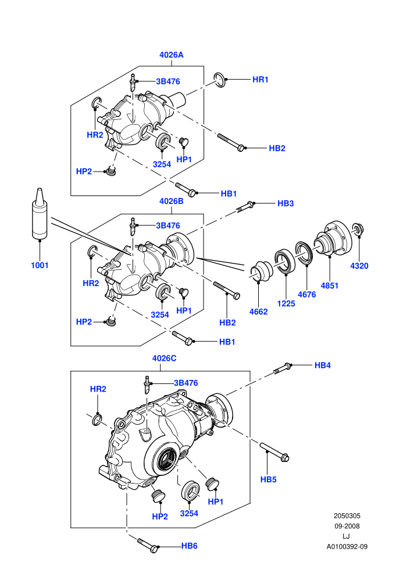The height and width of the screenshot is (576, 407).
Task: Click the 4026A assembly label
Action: click(x=171, y=55)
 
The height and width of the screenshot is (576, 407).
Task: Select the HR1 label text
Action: click(x=260, y=79)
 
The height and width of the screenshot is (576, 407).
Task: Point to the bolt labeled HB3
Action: click(x=245, y=207)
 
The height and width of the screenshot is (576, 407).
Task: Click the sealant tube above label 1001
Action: click(x=40, y=215)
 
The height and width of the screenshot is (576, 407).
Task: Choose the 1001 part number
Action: click(x=40, y=265)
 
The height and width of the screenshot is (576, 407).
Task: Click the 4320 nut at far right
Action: click(x=358, y=229)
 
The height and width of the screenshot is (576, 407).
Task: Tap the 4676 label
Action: click(x=307, y=294)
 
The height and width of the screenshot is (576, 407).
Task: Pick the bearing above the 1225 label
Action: click(x=285, y=262)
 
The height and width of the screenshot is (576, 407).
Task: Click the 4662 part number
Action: click(x=258, y=311)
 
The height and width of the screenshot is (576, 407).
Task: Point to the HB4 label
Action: click(x=323, y=365)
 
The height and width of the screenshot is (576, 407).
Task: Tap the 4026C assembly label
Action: click(x=165, y=358)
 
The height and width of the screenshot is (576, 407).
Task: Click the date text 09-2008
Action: click(x=347, y=526)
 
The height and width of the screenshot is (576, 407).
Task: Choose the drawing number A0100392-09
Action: click(x=347, y=546)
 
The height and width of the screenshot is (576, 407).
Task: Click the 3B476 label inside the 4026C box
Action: click(x=185, y=383)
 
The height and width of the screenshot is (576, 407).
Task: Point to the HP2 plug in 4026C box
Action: click(x=158, y=496)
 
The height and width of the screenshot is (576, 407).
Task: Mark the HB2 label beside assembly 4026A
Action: click(x=277, y=148)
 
